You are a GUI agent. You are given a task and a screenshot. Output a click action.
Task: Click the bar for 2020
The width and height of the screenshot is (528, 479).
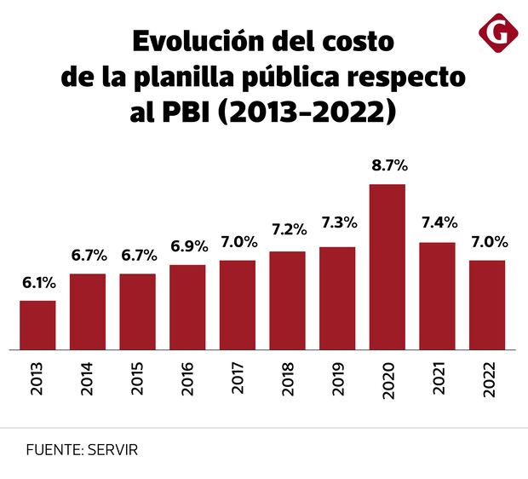(387, 267)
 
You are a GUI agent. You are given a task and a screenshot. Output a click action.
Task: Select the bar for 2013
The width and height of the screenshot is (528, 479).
(37, 325)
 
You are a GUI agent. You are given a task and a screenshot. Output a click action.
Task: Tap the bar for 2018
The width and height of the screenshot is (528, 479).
(287, 300)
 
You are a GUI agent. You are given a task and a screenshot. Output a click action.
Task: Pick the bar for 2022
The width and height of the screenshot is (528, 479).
(487, 304)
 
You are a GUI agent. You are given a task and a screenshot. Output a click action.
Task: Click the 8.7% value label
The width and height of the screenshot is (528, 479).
(387, 166)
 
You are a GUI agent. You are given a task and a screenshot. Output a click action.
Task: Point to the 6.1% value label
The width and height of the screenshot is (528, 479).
(37, 282)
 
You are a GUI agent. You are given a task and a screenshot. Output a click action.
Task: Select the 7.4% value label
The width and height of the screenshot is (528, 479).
(438, 223)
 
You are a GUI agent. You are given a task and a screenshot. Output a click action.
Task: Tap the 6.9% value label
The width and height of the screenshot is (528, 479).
(187, 247)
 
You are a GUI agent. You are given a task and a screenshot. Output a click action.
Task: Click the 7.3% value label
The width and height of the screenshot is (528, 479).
(337, 228)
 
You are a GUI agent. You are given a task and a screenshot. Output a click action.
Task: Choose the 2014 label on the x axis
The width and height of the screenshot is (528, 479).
(88, 375)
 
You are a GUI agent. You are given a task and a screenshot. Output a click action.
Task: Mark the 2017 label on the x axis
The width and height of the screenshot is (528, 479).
(238, 375)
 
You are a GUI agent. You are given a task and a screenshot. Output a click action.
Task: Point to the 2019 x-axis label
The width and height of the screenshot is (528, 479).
(338, 375)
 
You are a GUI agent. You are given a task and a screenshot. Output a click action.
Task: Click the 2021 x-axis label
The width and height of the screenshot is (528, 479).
(439, 375)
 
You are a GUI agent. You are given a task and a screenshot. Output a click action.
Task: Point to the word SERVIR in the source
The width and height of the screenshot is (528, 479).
(112, 448)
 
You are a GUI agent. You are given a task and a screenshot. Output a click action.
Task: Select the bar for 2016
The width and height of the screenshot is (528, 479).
(187, 307)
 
